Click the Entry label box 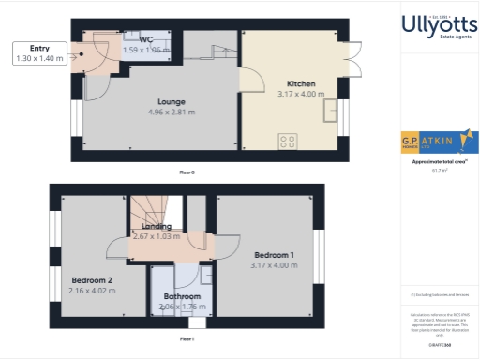click(x=40, y=53)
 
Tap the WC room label click(x=146, y=39)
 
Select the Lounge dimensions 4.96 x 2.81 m click(x=171, y=112)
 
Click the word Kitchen click(x=300, y=84)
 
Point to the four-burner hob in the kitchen click(x=289, y=142)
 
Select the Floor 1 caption click(x=187, y=338)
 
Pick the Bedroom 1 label click(x=273, y=255)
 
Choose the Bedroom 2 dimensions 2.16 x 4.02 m click(x=92, y=291)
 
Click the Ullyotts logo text click(x=433, y=24)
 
